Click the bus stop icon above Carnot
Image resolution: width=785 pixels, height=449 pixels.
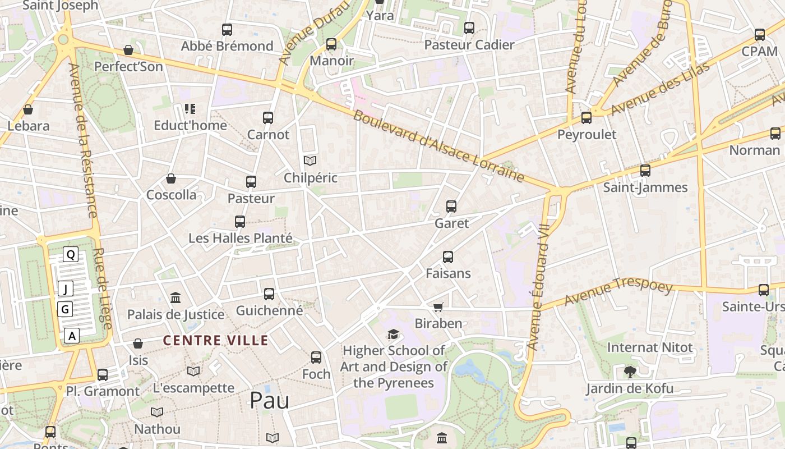tap(268, 118)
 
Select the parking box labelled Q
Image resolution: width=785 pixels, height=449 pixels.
tap(71, 254)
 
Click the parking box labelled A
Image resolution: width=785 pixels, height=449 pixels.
tap(71, 336)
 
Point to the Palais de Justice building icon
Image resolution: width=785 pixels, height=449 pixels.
tap(176, 297)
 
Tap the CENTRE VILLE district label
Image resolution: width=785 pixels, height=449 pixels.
tap(215, 340)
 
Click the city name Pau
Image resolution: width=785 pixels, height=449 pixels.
tap(269, 400)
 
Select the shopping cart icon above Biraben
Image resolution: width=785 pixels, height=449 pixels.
tap(438, 307)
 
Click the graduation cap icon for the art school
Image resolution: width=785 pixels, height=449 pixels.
tap(394, 334)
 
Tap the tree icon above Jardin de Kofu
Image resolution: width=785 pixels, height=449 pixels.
tap(630, 371)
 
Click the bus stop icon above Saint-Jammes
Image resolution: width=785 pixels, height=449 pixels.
tap(645, 171)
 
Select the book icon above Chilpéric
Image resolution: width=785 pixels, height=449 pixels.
tap(310, 161)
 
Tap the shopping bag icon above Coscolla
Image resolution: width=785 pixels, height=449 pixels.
tap(171, 178)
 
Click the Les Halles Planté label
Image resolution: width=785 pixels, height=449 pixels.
tap(241, 238)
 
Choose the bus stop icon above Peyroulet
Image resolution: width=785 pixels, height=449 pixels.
tap(587, 118)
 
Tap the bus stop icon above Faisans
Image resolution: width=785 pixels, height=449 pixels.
tap(448, 257)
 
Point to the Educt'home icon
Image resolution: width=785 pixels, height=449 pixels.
tap(190, 109)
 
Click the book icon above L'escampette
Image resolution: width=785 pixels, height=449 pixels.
tap(193, 371)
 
